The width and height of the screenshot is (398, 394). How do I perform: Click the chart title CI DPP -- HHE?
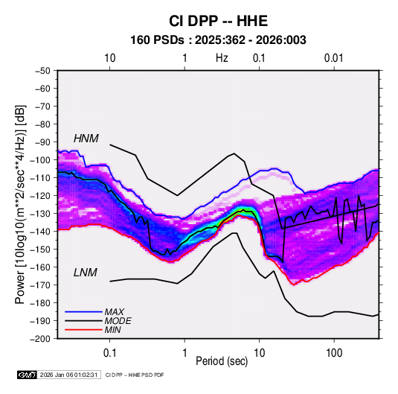[218, 21]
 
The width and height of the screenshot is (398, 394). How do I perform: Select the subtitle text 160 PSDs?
[158, 40]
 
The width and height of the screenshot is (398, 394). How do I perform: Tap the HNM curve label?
[86, 139]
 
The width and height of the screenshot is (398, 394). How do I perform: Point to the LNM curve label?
[86, 273]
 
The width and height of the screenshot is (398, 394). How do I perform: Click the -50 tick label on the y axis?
[42, 71]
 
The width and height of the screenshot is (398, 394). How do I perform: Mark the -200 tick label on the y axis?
[40, 339]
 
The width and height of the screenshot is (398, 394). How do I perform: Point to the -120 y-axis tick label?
[40, 196]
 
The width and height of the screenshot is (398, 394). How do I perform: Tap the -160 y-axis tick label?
[40, 267]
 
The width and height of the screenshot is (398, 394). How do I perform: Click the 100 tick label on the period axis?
[334, 353]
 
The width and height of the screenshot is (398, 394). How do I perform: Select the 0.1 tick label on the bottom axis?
[109, 353]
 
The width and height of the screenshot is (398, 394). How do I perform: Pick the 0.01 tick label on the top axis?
[334, 58]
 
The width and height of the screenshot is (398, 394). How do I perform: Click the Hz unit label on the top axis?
[222, 58]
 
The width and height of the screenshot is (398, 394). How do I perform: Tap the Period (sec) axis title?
[222, 361]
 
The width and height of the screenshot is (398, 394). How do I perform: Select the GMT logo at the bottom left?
[27, 375]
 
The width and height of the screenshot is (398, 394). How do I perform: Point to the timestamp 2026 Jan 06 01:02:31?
[68, 375]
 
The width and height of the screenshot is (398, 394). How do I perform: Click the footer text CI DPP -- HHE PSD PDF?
[135, 375]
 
